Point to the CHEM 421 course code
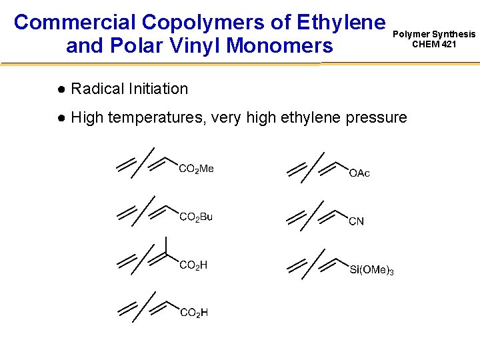click(x=434, y=45)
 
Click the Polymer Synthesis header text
click(x=434, y=34)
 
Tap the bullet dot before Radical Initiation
click(x=61, y=89)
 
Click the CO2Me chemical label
click(x=197, y=169)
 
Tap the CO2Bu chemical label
click(x=196, y=217)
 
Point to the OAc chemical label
click(x=359, y=173)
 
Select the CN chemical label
click(x=357, y=221)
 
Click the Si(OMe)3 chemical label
click(x=372, y=270)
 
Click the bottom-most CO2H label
click(x=193, y=313)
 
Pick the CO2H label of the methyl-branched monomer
click(x=193, y=265)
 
